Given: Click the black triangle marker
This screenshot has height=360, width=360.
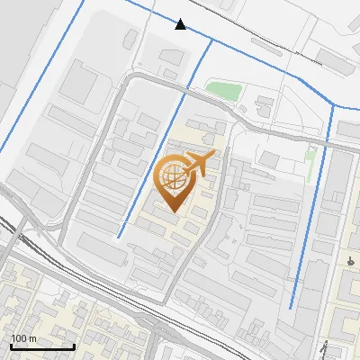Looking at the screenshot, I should [x=181, y=24].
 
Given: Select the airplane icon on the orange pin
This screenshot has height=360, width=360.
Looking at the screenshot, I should [x=198, y=163].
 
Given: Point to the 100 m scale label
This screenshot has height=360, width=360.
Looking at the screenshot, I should [x=23, y=338].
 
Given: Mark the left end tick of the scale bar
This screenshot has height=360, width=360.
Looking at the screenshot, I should [x=12, y=346].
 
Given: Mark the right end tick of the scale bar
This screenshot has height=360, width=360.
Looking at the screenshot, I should [x=74, y=346].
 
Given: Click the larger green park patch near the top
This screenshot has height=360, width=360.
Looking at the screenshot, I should [x=222, y=91].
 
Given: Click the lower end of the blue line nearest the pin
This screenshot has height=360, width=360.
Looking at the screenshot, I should [x=118, y=237].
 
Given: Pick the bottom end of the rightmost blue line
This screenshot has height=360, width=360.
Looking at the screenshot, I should [x=291, y=307].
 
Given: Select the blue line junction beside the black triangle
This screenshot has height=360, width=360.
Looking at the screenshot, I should [x=212, y=40].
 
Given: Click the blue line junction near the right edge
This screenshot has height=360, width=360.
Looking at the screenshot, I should [x=335, y=105].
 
